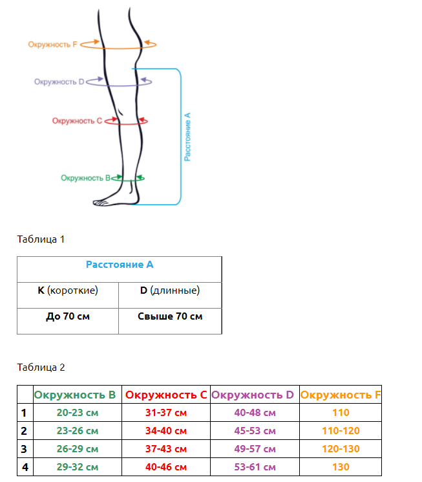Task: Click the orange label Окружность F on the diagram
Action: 52,45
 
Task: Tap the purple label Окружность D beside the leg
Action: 59,82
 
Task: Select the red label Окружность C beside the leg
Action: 77,121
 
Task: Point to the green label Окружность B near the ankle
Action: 85,178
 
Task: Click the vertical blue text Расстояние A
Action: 187,137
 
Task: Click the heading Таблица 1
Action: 41,239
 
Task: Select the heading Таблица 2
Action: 41,367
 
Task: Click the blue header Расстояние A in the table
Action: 120,265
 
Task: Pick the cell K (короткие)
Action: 68,290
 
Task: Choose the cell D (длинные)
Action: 170,290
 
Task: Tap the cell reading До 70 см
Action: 68,316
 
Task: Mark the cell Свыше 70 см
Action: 170,316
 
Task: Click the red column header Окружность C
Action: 166,395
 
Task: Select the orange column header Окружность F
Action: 341,395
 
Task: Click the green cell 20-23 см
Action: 78,413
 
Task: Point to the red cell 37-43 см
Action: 166,449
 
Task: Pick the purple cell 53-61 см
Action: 255,467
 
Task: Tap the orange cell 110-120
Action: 341,431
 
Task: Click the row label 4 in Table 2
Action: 25,467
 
